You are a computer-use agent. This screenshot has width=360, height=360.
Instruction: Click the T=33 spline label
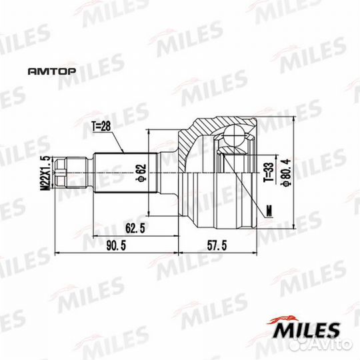click(x=266, y=171)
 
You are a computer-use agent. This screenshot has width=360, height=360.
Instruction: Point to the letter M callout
click(x=269, y=211)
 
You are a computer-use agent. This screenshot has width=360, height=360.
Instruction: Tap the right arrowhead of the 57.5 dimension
click(x=256, y=254)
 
